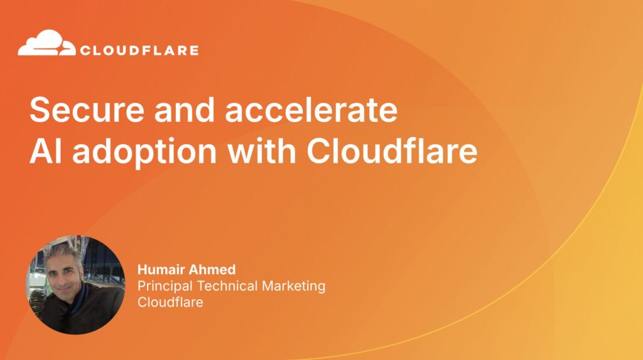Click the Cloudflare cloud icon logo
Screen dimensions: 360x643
point(46,44)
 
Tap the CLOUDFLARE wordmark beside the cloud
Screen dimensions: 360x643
point(139,50)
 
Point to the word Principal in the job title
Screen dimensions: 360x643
point(165,286)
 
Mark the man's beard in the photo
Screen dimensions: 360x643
point(72,295)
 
